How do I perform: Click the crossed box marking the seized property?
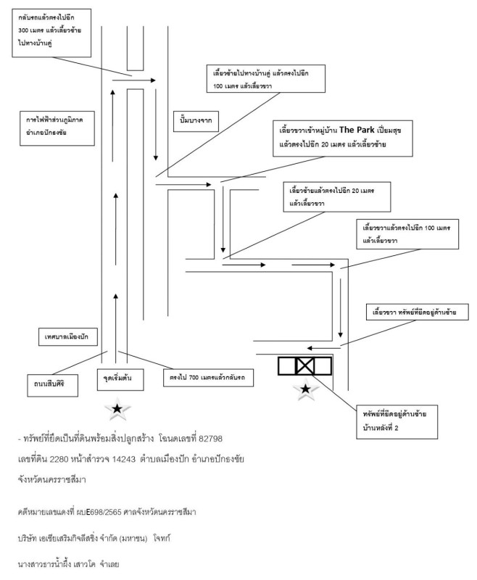(305, 366)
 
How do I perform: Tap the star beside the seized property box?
(305, 389)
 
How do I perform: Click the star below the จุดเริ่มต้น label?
(117, 409)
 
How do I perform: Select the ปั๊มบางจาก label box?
(196, 121)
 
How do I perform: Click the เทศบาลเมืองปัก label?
(68, 336)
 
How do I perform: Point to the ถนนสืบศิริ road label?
(52, 386)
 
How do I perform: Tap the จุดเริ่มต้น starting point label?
(120, 379)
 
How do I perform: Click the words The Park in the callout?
(357, 130)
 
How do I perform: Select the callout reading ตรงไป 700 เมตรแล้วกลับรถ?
(209, 378)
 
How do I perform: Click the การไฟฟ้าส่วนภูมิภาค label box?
(57, 128)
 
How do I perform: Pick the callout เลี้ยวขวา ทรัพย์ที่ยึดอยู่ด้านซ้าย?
(417, 312)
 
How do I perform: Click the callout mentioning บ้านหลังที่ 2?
(397, 422)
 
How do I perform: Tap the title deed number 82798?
(211, 439)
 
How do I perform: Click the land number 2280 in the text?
(59, 460)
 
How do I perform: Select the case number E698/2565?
(104, 513)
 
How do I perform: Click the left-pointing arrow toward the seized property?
(324, 348)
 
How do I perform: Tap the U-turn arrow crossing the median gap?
(134, 80)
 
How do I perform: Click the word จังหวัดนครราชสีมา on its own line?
(51, 480)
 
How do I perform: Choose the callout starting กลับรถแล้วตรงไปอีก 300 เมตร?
(51, 33)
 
